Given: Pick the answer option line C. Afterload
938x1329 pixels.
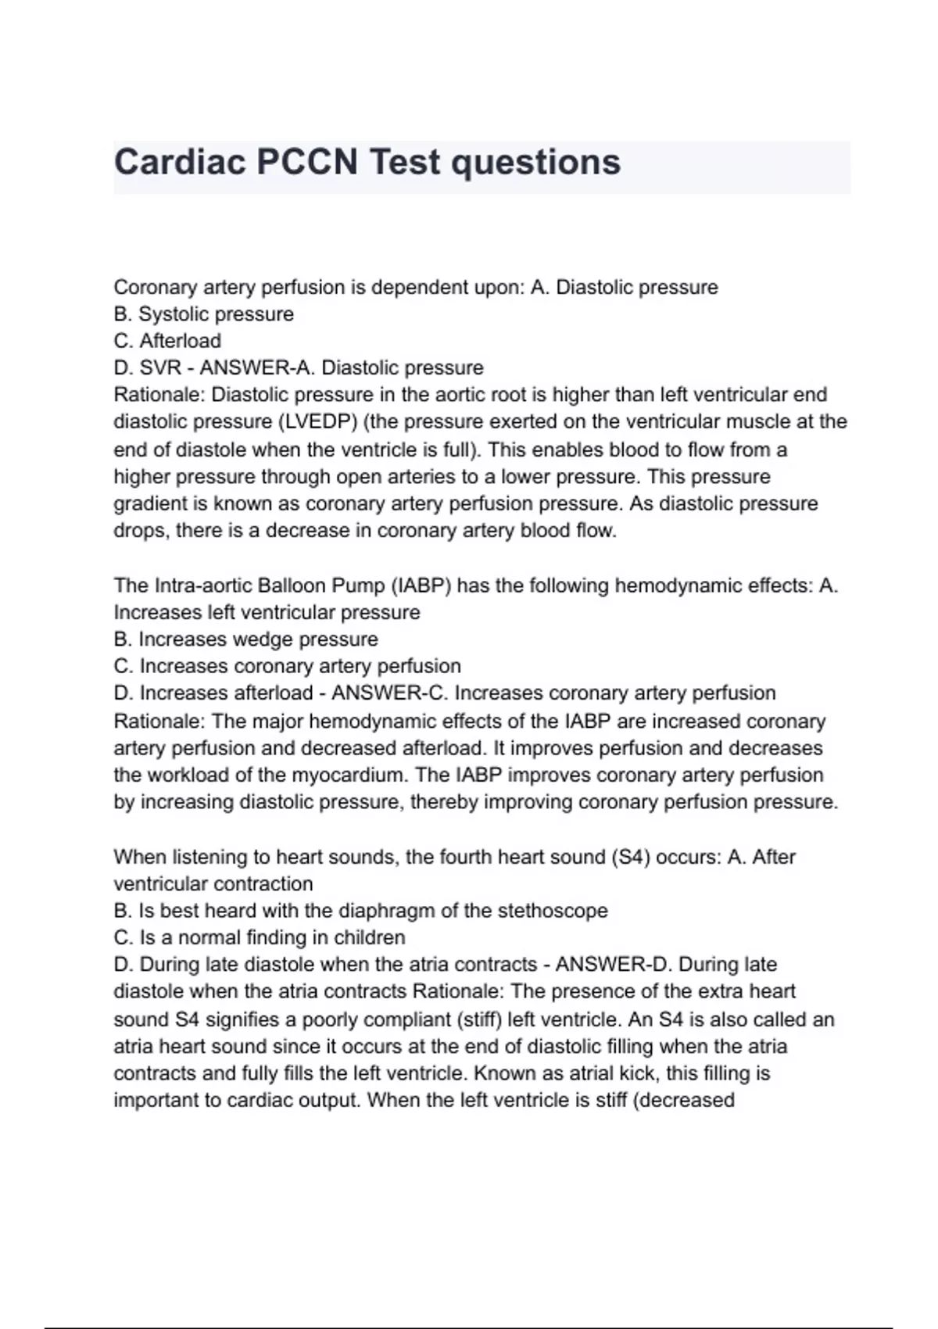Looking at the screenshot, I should pos(167,341).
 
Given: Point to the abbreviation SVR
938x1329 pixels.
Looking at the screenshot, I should pos(160,367).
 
